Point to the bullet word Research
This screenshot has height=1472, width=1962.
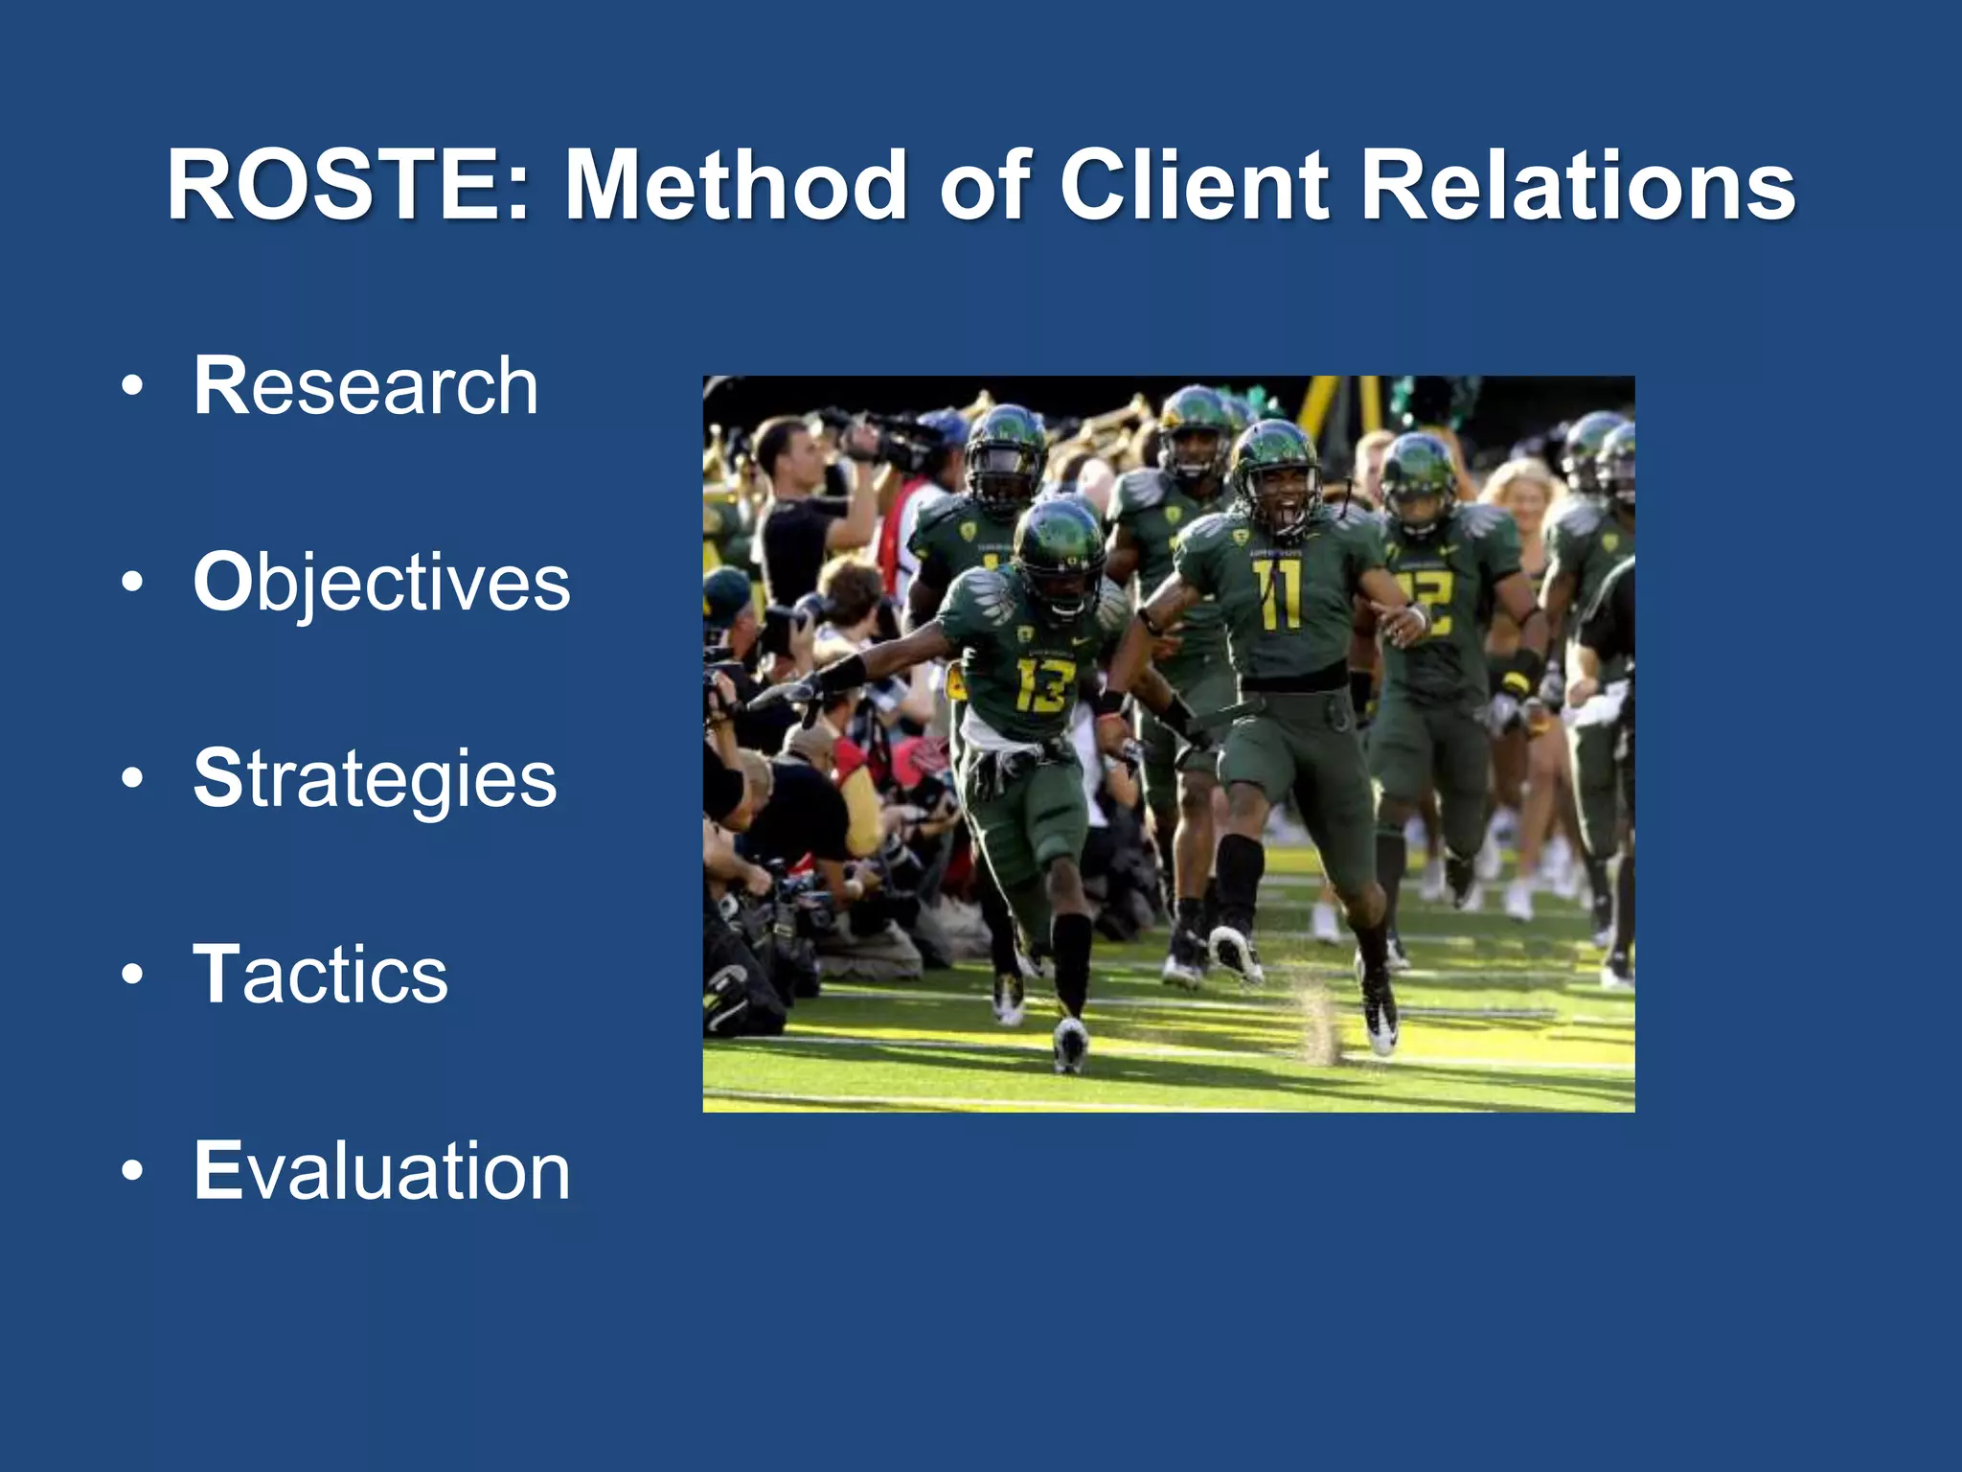[x=366, y=385]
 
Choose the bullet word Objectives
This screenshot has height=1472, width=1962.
[x=381, y=583]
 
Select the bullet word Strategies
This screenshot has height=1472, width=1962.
[x=375, y=779]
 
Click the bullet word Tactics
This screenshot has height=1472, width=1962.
[x=321, y=975]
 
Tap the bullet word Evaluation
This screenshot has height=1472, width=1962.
[x=381, y=1171]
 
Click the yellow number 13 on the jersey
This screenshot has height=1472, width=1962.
[x=1040, y=684]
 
